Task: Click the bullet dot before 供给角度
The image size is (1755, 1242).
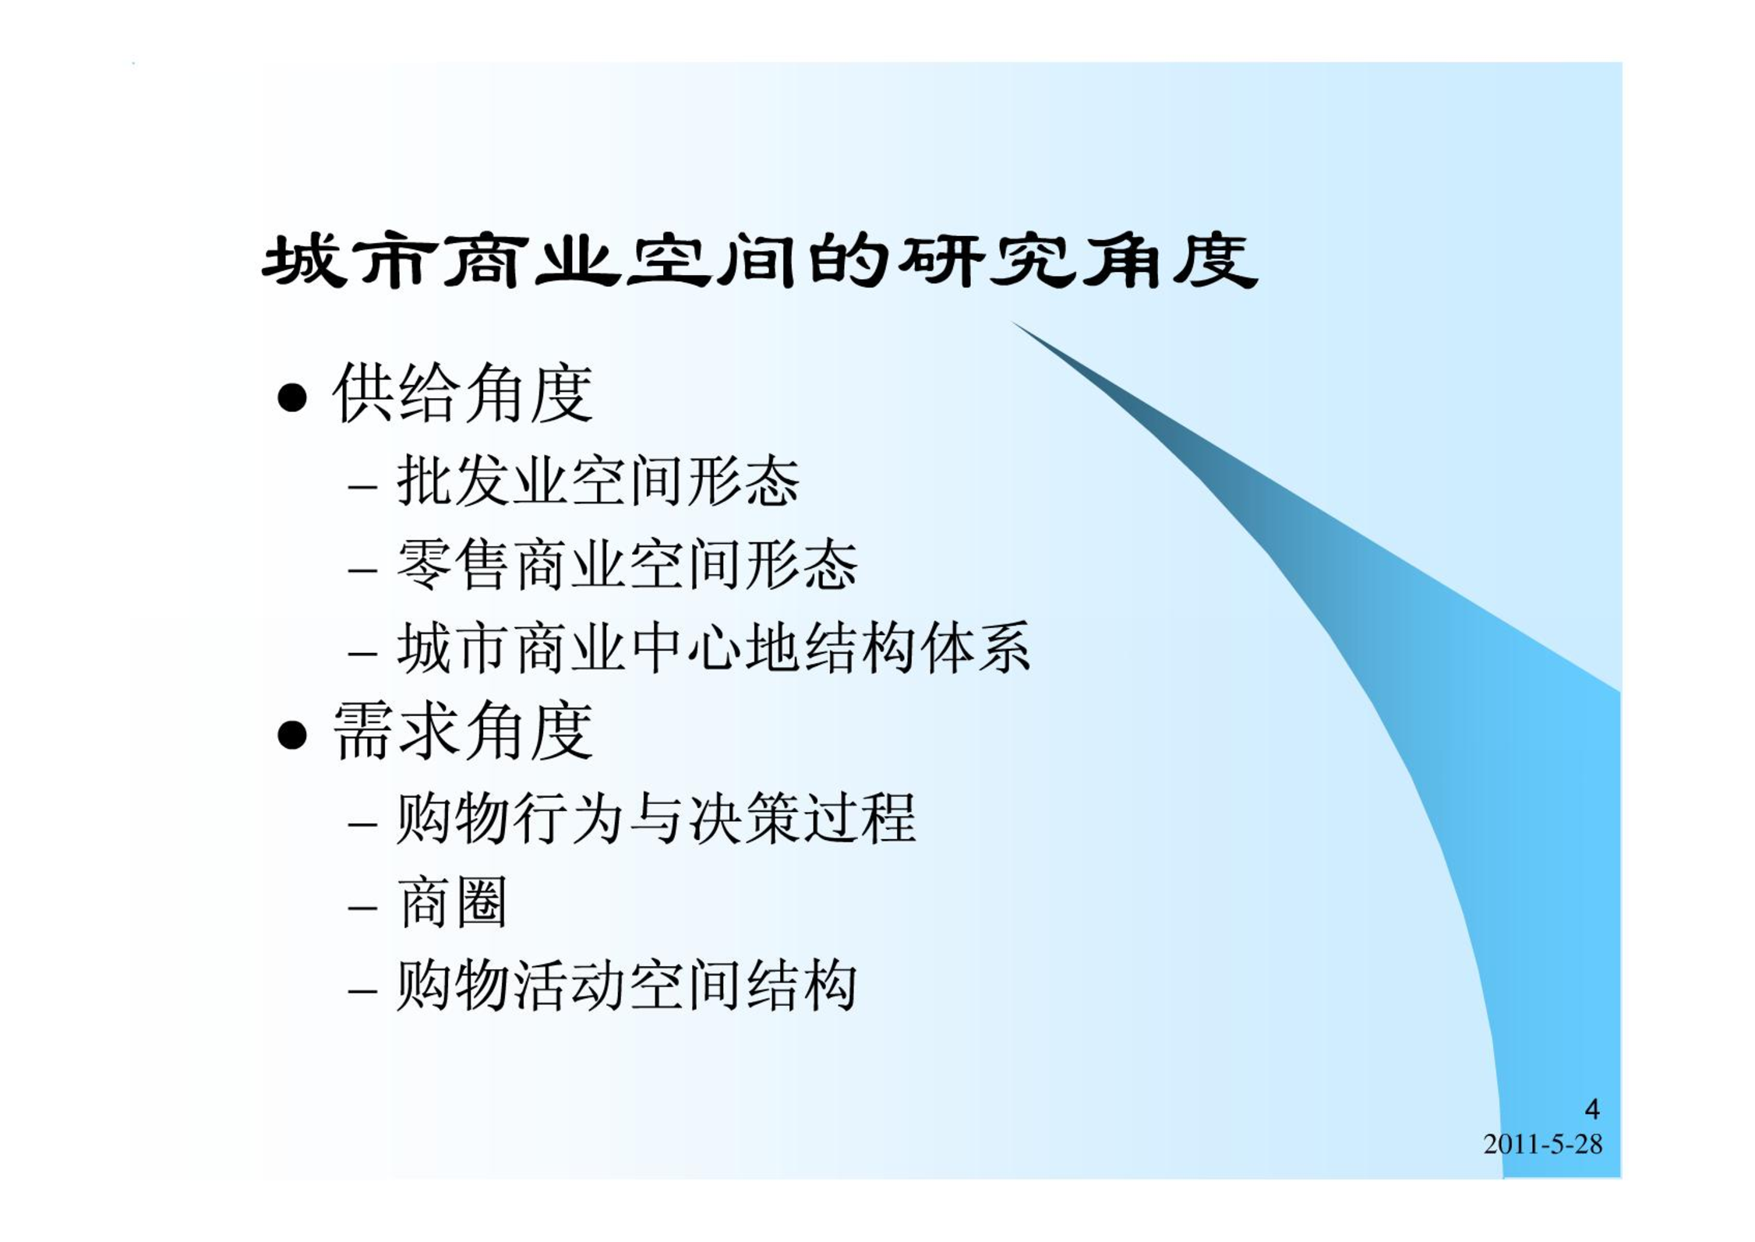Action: coord(291,397)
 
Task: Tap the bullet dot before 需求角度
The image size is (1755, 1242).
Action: coord(291,734)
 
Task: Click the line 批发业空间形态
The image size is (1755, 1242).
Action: coord(599,481)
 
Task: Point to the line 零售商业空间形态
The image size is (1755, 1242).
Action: coord(627,565)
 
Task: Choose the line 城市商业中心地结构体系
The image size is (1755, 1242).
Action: coord(714,648)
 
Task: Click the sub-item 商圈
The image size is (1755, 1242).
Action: coord(452,902)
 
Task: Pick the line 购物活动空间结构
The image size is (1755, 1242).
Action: coord(627,986)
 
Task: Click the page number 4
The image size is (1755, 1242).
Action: coord(1592,1109)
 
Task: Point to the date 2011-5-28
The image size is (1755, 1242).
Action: coord(1543,1144)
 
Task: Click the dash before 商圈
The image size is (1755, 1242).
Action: coord(363,908)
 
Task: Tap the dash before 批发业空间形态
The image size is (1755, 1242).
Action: coord(363,486)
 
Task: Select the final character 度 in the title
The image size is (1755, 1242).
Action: coord(1216,261)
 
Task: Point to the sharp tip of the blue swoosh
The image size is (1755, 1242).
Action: coord(1012,321)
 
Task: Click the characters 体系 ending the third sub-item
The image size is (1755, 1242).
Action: coord(976,648)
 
